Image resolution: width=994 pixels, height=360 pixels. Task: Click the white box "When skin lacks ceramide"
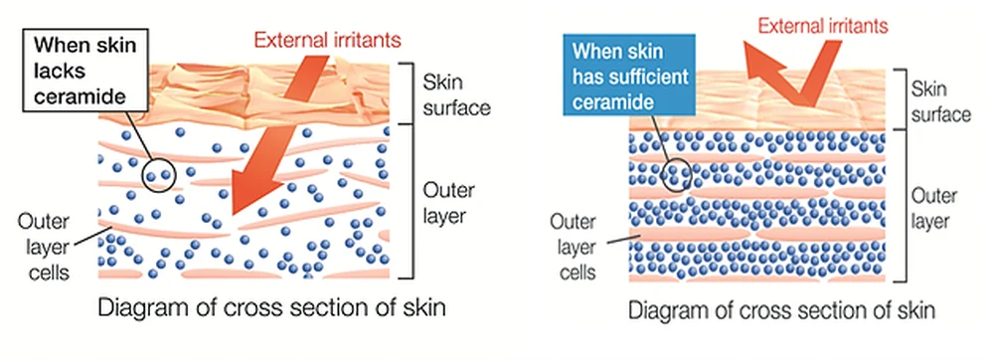(85, 70)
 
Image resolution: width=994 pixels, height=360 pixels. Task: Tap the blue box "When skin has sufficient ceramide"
(629, 75)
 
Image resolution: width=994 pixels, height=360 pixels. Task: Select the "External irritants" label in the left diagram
(328, 41)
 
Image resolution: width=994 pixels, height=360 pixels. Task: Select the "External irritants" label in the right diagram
(823, 27)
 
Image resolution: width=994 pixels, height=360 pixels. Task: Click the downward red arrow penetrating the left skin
(279, 133)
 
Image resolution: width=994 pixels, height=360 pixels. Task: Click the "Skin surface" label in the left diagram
(456, 95)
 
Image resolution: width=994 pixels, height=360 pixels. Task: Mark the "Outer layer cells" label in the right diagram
(573, 247)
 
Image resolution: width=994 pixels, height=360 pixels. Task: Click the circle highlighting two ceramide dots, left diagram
(158, 174)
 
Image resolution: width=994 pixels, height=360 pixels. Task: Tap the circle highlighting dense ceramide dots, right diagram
(676, 175)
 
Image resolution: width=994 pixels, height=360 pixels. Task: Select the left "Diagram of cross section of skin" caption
(272, 308)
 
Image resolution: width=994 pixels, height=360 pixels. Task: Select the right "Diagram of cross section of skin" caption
(781, 311)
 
